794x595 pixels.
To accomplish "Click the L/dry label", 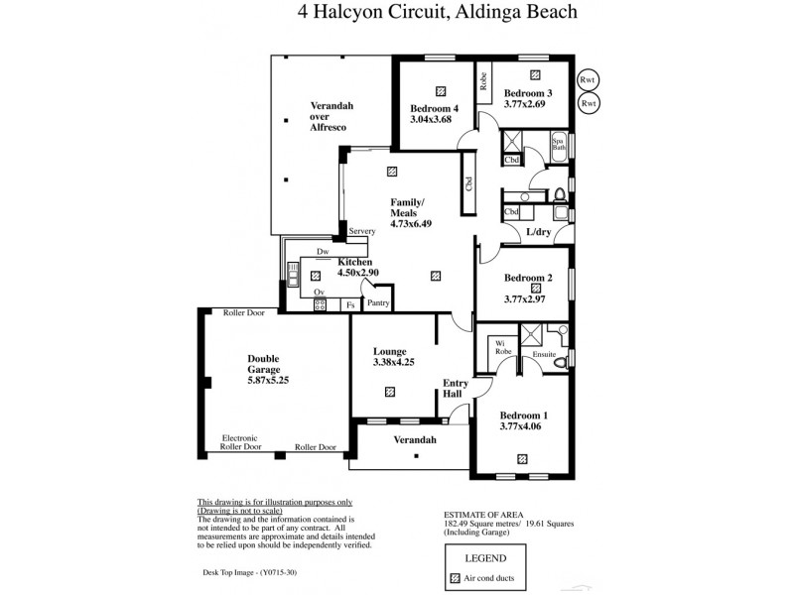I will click(x=538, y=232).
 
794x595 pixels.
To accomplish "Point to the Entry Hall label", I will click(x=454, y=388).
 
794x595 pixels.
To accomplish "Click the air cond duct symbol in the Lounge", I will click(x=389, y=392).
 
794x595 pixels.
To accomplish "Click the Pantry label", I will click(x=377, y=303).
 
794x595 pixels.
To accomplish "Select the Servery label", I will click(x=361, y=231).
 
